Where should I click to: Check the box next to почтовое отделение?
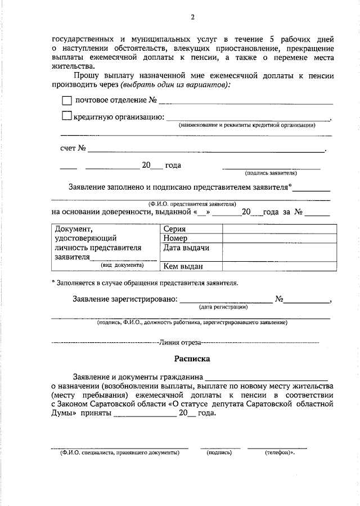pyautogui.click(x=66, y=101)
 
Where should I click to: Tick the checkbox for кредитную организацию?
pyautogui.click(x=66, y=117)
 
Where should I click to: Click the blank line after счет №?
pyautogui.click(x=206, y=150)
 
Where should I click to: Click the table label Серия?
pyautogui.click(x=174, y=229)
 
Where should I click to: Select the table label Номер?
pyautogui.click(x=175, y=238)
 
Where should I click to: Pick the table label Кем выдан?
pyautogui.click(x=183, y=266)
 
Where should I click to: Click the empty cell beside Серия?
pyautogui.click(x=280, y=229)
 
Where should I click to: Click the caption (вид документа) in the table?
pyautogui.click(x=122, y=264)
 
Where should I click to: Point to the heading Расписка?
pyautogui.click(x=191, y=357)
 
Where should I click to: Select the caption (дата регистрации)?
pyautogui.click(x=223, y=307)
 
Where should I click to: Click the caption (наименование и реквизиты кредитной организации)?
pyautogui.click(x=247, y=125)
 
